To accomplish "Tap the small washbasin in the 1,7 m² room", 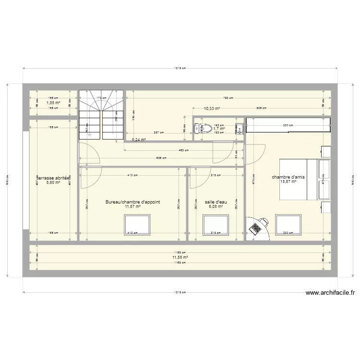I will coord(239,129).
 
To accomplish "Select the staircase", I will coord(101,115).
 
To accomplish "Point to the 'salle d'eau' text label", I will coord(216,202).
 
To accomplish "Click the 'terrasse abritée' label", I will coord(50,177).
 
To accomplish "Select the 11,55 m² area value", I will coord(180,257).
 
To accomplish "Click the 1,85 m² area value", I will coord(53,102).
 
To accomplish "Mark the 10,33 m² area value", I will coord(212,109).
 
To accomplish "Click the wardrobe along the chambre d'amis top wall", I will coord(288,125).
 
